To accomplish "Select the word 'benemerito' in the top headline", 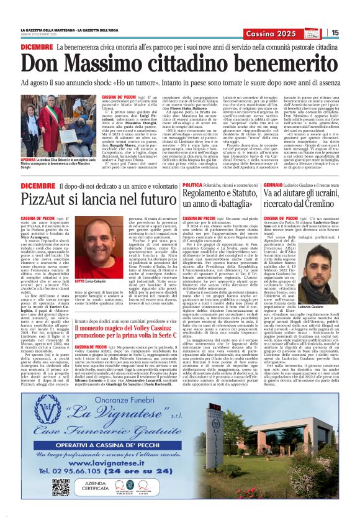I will pos(279,64).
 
